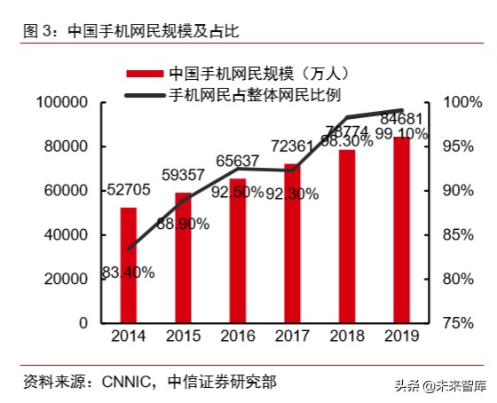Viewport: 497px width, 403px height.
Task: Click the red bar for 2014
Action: point(129,265)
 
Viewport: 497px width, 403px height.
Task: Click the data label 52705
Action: point(129,190)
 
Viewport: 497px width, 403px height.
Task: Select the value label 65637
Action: point(238,161)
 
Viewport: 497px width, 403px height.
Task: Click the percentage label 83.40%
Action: point(128,273)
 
